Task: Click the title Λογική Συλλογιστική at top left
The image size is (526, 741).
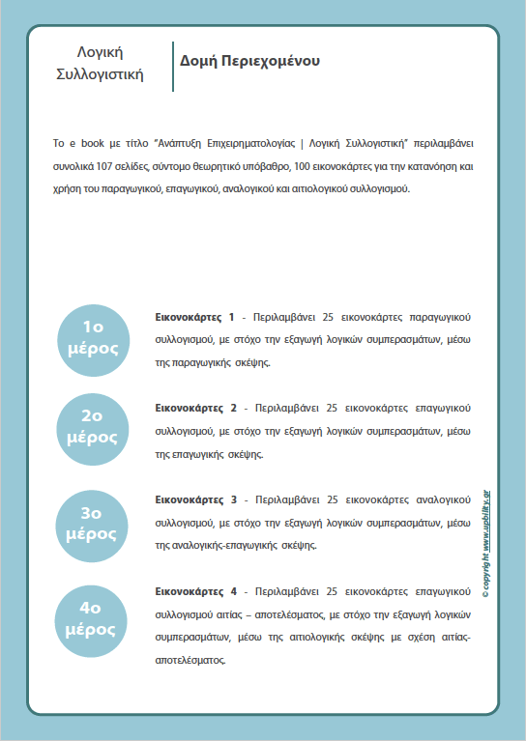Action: point(100,63)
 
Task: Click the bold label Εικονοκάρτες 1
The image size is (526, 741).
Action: point(194,317)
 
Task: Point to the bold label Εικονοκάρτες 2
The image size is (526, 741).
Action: point(194,408)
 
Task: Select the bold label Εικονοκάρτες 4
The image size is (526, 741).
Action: point(194,590)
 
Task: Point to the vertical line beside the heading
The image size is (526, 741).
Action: point(172,66)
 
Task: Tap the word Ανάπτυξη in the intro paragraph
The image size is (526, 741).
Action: point(183,143)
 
